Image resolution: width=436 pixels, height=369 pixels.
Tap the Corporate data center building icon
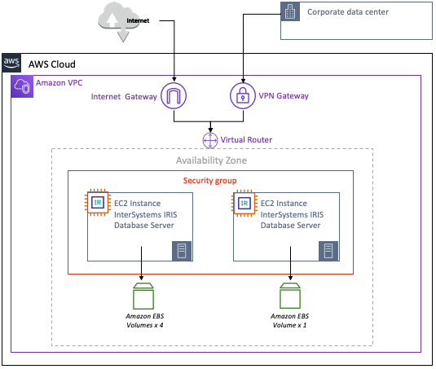(290, 11)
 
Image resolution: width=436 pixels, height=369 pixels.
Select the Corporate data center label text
(347, 12)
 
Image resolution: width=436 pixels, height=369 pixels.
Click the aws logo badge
(11, 63)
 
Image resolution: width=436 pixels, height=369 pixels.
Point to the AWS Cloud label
(51, 64)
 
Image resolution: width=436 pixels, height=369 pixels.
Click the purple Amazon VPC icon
(22, 86)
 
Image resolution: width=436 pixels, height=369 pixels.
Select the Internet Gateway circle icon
(174, 96)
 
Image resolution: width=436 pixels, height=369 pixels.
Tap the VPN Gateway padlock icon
(243, 96)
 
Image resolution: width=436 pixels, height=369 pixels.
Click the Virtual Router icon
(210, 140)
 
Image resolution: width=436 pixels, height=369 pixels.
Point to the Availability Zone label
(211, 160)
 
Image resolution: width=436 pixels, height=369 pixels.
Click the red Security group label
(210, 181)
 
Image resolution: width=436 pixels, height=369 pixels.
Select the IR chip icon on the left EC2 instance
(98, 203)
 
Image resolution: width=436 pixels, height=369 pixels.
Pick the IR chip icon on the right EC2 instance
(244, 203)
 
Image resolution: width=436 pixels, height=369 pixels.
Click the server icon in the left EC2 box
(182, 251)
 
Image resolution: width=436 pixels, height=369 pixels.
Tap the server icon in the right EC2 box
(328, 251)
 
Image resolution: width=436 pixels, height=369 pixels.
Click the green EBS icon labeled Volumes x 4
(143, 296)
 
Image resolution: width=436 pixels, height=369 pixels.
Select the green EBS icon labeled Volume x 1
(290, 296)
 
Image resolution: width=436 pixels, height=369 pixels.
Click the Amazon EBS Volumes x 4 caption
(145, 321)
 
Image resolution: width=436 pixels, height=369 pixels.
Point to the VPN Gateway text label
(284, 96)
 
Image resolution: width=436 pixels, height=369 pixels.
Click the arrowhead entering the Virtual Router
(210, 130)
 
